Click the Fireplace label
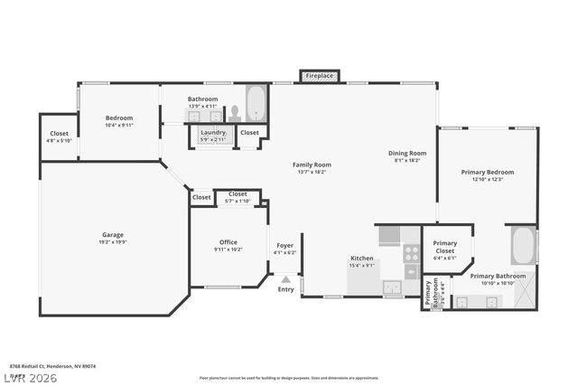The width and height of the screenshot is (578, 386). point(319,76)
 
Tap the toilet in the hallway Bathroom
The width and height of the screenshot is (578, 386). point(234,113)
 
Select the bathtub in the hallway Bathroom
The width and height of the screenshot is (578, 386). point(256,104)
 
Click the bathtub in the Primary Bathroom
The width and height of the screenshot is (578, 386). point(522,245)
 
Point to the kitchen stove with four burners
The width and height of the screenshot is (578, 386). point(411,254)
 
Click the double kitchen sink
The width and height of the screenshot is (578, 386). point(392,288)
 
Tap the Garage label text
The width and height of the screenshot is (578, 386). point(113,235)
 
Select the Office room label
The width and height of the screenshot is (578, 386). point(228,241)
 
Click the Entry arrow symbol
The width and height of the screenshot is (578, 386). point(285,280)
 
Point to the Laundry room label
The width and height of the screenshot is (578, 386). point(214,132)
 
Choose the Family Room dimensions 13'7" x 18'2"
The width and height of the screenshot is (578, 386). point(312,172)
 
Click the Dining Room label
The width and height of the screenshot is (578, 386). point(407,153)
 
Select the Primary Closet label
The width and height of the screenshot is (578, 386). point(445,242)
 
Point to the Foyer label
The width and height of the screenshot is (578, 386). point(284,245)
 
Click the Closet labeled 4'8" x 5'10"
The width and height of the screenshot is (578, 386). point(59,140)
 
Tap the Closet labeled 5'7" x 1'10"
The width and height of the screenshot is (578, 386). point(238,201)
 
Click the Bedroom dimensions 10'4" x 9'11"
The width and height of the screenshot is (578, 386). point(119,125)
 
